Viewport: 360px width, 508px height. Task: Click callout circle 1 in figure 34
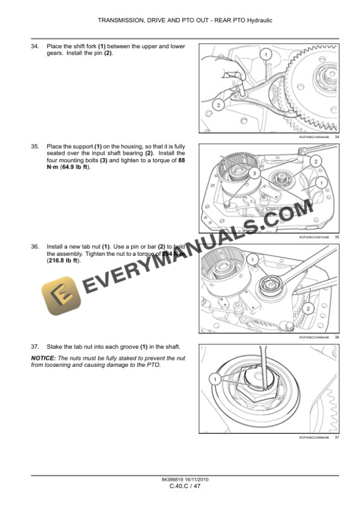click(265, 55)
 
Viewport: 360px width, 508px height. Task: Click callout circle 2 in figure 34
click(218, 105)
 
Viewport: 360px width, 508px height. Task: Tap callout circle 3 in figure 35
click(254, 173)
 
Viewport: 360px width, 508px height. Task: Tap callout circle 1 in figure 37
click(215, 380)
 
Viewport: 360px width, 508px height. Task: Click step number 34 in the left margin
click(35, 46)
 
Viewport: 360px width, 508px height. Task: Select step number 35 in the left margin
click(35, 146)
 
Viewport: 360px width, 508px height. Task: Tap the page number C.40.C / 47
click(185, 486)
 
